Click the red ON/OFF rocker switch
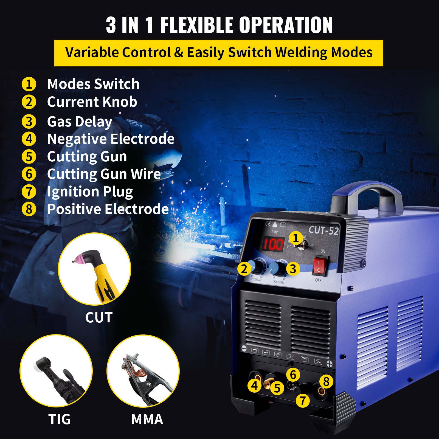pos(319,266)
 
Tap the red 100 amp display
pos(273,244)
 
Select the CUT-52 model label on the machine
pos(323,230)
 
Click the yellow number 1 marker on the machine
pos(296,238)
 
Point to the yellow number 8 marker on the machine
pos(326,381)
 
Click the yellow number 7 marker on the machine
pos(303,401)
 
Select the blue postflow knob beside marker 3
pos(277,268)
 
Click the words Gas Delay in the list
pos(80,122)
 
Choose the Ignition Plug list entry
pos(90,192)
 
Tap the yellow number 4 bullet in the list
pos(29,139)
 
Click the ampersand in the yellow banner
pos(179,52)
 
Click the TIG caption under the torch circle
pos(60,419)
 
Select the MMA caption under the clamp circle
pos(147,419)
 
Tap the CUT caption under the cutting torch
pos(99,317)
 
